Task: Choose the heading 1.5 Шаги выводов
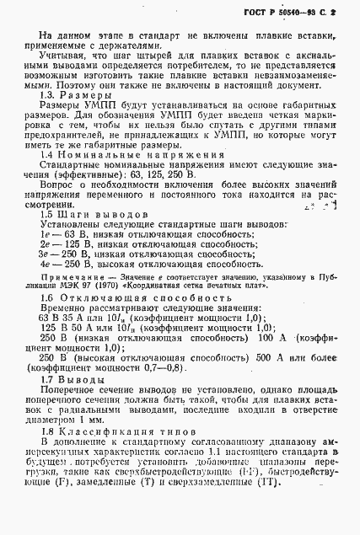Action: (89, 238)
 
